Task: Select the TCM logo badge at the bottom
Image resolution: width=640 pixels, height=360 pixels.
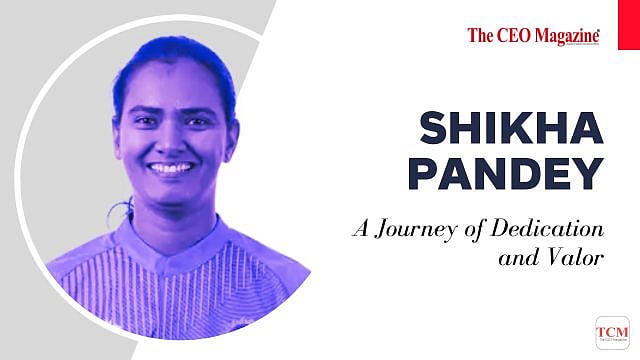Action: (612, 332)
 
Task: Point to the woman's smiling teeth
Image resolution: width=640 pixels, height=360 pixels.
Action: (172, 168)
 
